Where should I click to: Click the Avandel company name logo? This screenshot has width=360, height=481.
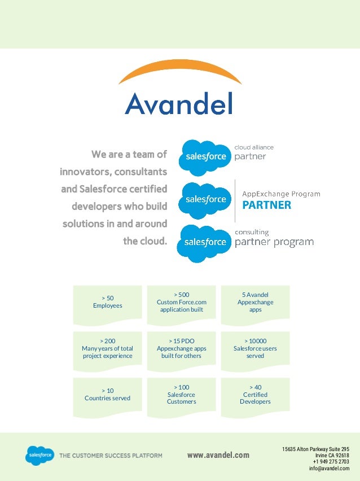click(179, 104)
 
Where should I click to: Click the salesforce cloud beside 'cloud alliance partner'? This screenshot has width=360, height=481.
click(205, 156)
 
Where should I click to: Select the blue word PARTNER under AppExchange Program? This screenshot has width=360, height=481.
click(267, 205)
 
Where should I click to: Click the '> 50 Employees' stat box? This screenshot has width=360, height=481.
click(107, 302)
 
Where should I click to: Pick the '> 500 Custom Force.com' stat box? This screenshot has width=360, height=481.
click(181, 302)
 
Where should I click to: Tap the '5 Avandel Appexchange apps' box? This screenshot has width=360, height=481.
click(255, 302)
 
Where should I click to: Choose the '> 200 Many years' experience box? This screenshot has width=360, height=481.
click(107, 348)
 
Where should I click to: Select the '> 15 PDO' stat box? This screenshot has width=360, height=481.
click(181, 348)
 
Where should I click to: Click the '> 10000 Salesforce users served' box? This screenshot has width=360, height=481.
click(255, 348)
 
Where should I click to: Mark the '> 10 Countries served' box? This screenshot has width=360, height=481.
click(107, 395)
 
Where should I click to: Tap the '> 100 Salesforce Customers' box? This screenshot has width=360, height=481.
click(181, 395)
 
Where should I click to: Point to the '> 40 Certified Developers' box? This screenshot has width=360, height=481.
click(255, 395)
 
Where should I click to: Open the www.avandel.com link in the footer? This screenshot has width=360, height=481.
click(218, 456)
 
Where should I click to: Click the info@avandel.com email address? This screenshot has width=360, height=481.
click(329, 469)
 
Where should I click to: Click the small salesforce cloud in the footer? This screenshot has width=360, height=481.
click(39, 455)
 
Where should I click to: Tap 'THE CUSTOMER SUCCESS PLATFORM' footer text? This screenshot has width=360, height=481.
click(111, 456)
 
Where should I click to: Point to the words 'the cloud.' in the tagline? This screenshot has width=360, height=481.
click(145, 242)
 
